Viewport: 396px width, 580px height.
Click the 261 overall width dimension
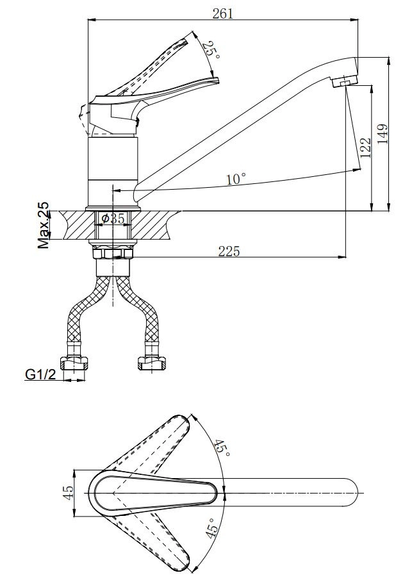pos(223,13)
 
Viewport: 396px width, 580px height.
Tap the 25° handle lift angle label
pos(212,49)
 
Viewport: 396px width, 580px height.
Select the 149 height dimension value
pos(383,133)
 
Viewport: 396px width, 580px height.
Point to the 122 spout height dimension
pos(365,147)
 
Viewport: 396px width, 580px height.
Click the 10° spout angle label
pos(236,179)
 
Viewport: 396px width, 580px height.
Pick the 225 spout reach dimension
pos(229,251)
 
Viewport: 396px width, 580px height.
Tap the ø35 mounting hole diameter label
pos(113,219)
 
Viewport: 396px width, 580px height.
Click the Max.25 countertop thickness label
pos(44,225)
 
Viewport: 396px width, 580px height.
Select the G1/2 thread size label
pos(40,375)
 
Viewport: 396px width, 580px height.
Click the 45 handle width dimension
pos(68,493)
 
